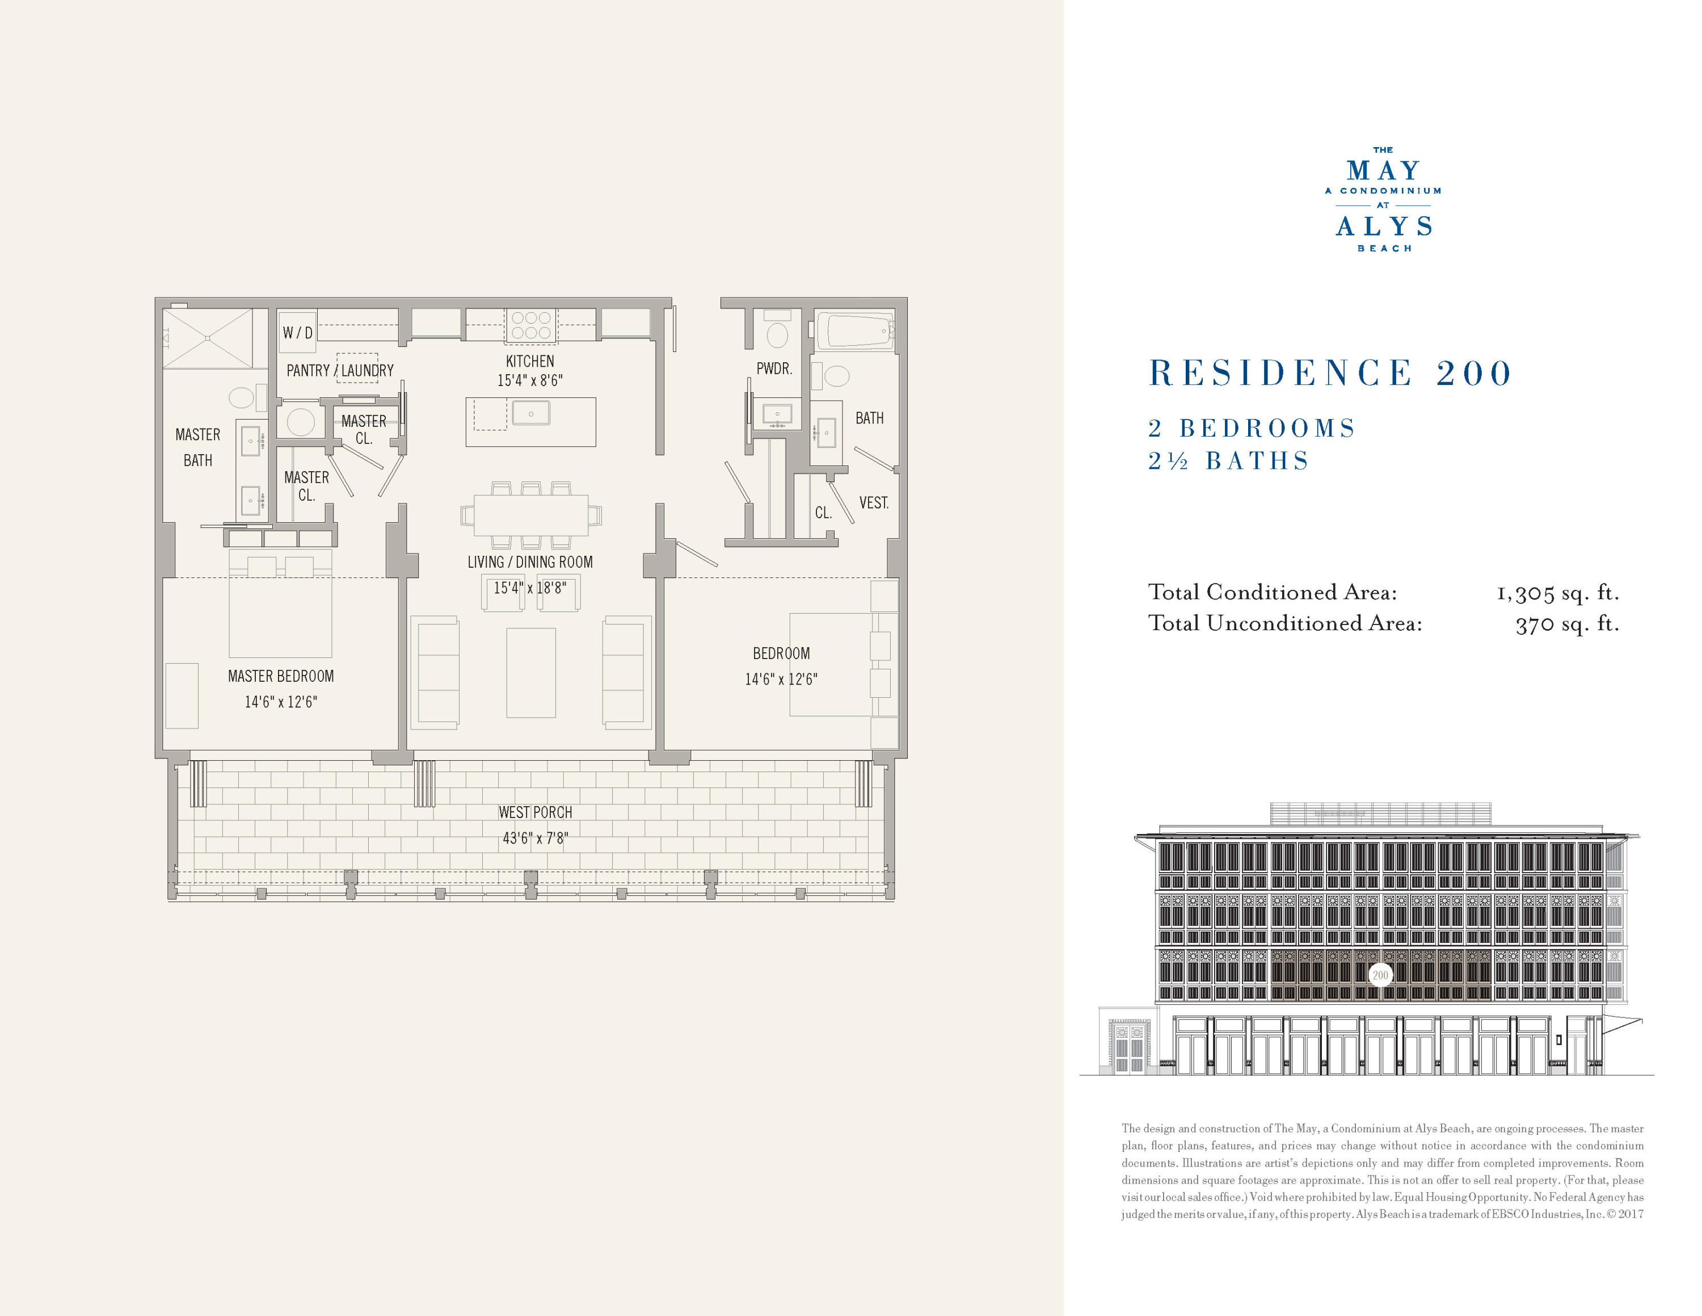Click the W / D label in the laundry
coord(298,333)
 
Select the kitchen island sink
coord(530,413)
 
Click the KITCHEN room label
coord(530,361)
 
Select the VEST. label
coord(874,503)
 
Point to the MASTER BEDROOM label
coord(281,676)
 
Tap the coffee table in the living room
coord(530,672)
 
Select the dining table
coord(530,515)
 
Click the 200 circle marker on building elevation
coord(1380,975)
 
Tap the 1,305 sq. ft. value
coord(1557,593)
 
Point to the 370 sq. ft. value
coord(1566,625)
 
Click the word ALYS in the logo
coord(1384,227)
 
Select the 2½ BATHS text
coord(1228,461)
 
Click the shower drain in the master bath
coord(208,338)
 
